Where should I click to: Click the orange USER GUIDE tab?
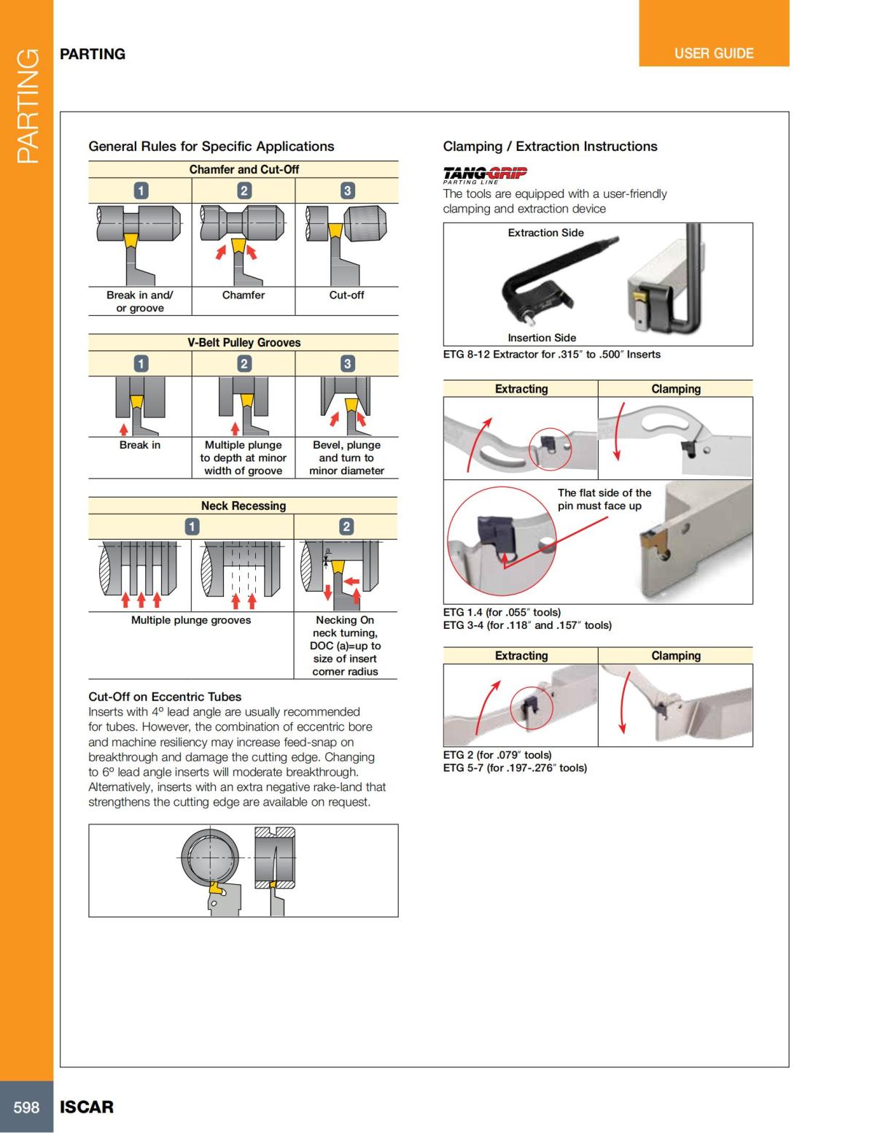click(713, 53)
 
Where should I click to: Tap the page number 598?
click(26, 1107)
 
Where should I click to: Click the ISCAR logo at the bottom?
click(86, 1107)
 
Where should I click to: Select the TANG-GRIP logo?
click(485, 174)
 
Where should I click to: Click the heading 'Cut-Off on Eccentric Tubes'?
click(165, 697)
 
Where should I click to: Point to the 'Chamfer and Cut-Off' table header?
click(244, 169)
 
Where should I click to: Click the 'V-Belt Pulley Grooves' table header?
click(244, 342)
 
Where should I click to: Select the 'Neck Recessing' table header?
click(244, 506)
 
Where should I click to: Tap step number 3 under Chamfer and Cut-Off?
click(347, 190)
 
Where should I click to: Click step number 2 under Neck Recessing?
click(346, 526)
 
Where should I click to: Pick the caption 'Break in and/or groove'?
click(140, 301)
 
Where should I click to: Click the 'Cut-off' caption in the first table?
click(346, 295)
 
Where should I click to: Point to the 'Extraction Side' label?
click(545, 233)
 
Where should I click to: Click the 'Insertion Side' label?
click(542, 338)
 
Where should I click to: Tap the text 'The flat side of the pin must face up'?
click(604, 499)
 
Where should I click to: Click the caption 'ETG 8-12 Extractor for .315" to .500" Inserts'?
click(551, 355)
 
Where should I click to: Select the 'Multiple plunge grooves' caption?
click(191, 620)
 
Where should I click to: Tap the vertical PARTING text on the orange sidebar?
click(27, 106)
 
